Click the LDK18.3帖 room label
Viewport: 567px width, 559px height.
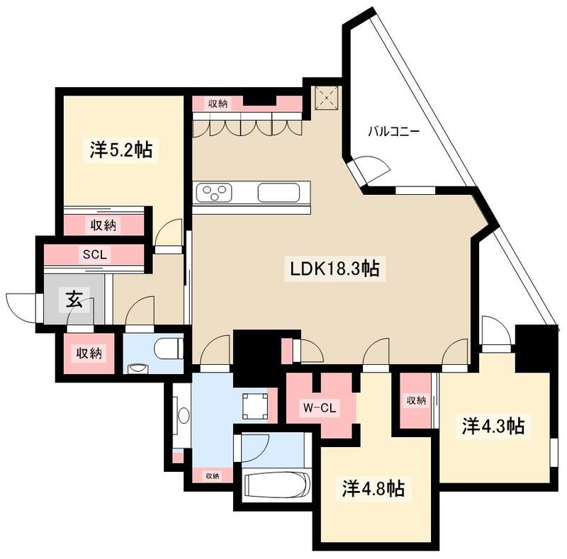coord(334,269)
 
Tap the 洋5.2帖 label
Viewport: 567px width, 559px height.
coord(121,150)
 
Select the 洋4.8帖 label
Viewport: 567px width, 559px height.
coord(374,489)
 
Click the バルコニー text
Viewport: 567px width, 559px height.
coord(393,132)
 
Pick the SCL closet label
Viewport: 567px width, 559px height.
coord(95,254)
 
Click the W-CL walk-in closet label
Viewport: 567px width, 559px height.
coord(319,407)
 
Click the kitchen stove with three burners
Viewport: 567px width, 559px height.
coord(215,192)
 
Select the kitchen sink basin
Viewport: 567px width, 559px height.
coord(281,193)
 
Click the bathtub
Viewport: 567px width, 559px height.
coord(276,487)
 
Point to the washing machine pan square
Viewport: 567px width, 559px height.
coord(254,405)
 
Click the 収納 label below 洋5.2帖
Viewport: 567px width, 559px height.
coord(104,225)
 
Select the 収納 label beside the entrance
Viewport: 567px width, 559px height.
coord(89,353)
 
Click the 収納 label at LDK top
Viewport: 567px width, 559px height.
coord(218,104)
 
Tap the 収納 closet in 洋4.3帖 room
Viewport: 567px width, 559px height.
coord(416,401)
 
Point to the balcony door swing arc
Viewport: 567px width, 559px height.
coord(374,168)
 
